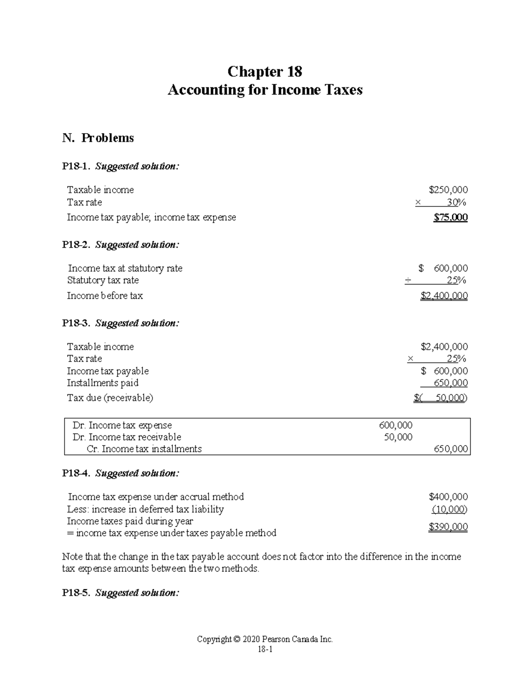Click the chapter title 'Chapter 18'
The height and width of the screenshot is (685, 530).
pos(265,71)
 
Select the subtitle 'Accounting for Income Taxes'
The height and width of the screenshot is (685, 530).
pos(265,90)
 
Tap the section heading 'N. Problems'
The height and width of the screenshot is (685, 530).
pos(98,138)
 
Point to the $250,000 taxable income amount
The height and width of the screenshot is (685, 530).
pos(448,190)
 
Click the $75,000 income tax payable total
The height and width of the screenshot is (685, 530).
pos(450,217)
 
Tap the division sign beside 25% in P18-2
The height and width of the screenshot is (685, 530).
pos(409,281)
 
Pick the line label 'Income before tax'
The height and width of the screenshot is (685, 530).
pos(105,296)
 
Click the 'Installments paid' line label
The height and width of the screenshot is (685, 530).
pos(102,383)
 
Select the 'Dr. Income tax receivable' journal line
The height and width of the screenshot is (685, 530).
pos(127,437)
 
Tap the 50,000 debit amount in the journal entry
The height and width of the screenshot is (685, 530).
pos(398,437)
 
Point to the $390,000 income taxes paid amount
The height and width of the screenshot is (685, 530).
pos(448,527)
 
